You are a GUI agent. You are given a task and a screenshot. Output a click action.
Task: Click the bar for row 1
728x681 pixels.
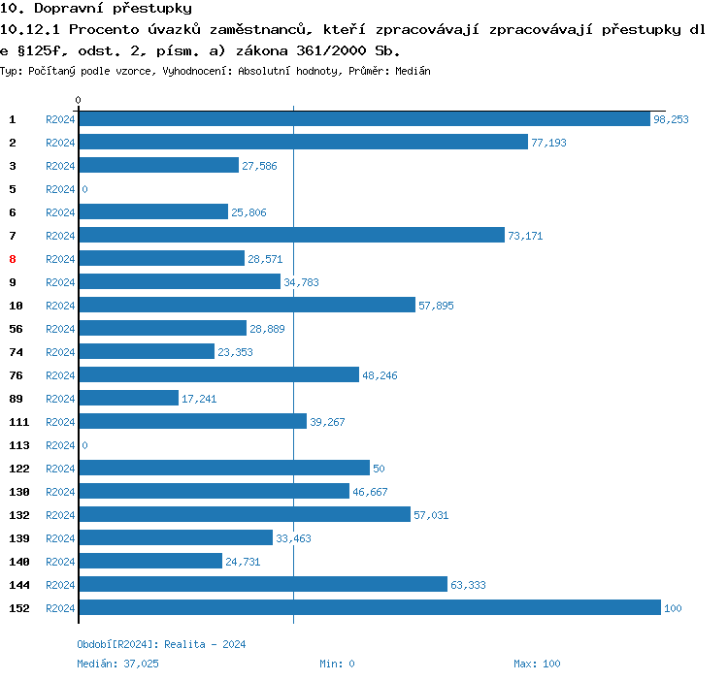pyautogui.click(x=364, y=119)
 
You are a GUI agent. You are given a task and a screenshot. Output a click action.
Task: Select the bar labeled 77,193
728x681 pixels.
pyautogui.click(x=303, y=143)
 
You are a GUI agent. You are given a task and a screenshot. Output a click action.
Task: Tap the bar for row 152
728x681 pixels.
pyautogui.click(x=369, y=608)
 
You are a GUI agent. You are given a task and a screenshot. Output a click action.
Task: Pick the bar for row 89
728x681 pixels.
pyautogui.click(x=128, y=399)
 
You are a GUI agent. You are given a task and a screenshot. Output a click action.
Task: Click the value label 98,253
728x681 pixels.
pyautogui.click(x=671, y=119)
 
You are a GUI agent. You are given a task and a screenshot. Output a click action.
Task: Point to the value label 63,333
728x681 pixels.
pyautogui.click(x=469, y=585)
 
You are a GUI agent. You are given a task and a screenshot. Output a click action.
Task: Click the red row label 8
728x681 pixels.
pyautogui.click(x=13, y=259)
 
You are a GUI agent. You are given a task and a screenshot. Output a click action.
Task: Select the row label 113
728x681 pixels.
pyautogui.click(x=19, y=445)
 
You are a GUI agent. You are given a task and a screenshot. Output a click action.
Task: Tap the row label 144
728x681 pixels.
pyautogui.click(x=19, y=585)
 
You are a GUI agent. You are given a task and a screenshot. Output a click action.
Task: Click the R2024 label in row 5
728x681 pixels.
pyautogui.click(x=60, y=189)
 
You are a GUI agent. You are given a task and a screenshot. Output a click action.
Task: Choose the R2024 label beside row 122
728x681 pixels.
pyautogui.click(x=60, y=469)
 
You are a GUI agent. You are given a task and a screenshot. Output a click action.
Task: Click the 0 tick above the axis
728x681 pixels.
pyautogui.click(x=79, y=100)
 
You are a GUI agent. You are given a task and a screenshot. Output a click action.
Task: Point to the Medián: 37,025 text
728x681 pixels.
pyautogui.click(x=117, y=664)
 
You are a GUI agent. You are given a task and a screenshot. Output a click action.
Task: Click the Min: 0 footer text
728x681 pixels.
pyautogui.click(x=337, y=664)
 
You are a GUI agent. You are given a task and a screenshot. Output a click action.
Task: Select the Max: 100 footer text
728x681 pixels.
pyautogui.click(x=537, y=664)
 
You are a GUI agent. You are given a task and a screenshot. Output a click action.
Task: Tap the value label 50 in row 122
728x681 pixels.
pyautogui.click(x=379, y=469)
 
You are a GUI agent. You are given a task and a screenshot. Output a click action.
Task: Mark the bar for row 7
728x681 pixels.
pyautogui.click(x=291, y=236)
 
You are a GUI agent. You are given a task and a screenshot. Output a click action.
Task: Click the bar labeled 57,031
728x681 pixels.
pyautogui.click(x=245, y=515)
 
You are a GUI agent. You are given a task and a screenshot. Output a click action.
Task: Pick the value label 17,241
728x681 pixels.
pyautogui.click(x=200, y=399)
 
